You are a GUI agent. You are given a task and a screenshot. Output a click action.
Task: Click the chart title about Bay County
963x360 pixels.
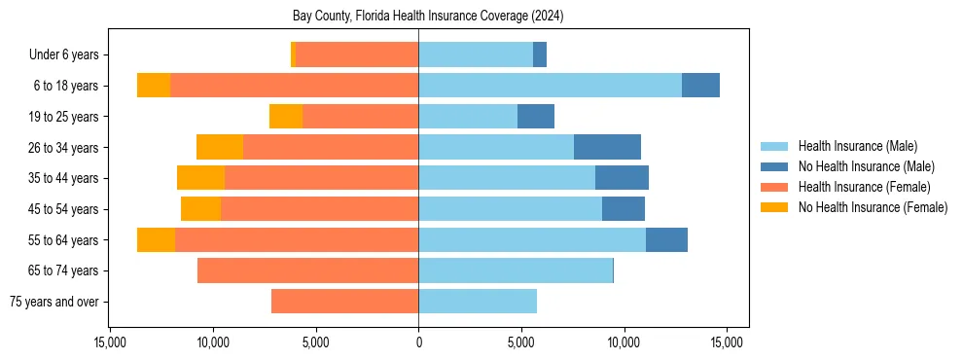pyautogui.click(x=428, y=17)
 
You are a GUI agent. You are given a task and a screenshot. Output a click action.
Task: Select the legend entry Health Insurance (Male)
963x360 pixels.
pyautogui.click(x=857, y=146)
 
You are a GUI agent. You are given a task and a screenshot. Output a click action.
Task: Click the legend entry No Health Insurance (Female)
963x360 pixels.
pyautogui.click(x=873, y=207)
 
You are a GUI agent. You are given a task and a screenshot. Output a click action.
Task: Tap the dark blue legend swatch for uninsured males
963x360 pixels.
pyautogui.click(x=774, y=166)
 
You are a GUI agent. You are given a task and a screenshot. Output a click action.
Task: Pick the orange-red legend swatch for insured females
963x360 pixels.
pyautogui.click(x=774, y=187)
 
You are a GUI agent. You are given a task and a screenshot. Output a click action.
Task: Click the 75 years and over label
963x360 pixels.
pyautogui.click(x=53, y=302)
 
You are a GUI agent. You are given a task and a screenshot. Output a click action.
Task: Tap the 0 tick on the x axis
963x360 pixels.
pyautogui.click(x=418, y=342)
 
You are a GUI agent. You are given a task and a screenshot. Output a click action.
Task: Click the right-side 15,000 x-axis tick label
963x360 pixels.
pyautogui.click(x=727, y=342)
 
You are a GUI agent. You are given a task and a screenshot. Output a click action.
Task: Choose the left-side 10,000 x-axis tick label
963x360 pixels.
pyautogui.click(x=213, y=342)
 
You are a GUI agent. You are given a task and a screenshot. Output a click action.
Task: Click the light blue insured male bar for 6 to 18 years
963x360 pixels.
pyautogui.click(x=550, y=86)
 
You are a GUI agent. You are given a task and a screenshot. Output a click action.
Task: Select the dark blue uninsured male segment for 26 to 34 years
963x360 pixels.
pyautogui.click(x=607, y=147)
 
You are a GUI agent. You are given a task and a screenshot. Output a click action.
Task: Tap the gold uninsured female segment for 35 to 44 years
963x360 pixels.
pyautogui.click(x=200, y=178)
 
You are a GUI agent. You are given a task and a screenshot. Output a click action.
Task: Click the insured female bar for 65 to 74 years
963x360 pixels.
pyautogui.click(x=307, y=270)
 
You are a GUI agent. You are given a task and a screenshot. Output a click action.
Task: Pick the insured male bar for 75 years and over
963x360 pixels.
pyautogui.click(x=478, y=302)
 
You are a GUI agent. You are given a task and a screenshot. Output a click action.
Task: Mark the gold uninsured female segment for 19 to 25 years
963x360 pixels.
pyautogui.click(x=286, y=117)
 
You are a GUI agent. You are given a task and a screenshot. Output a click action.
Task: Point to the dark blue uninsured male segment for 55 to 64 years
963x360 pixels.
pyautogui.click(x=666, y=239)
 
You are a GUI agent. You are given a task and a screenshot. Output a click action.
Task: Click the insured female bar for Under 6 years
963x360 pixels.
pyautogui.click(x=357, y=54)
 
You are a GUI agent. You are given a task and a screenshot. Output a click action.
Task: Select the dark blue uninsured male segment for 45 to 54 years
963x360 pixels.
pyautogui.click(x=624, y=209)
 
